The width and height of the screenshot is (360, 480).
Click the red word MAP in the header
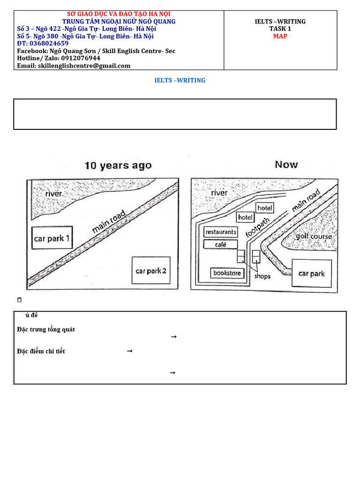(280, 36)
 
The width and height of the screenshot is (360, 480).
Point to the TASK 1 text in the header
(280, 29)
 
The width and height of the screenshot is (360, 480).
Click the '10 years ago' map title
(118, 165)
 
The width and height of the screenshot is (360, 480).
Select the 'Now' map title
(286, 165)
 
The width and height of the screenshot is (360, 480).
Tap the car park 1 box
(52, 239)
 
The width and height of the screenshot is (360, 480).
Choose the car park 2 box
(151, 271)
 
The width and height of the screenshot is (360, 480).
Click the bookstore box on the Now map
(227, 273)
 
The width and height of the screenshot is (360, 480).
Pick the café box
(221, 245)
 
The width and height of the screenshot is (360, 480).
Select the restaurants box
(221, 232)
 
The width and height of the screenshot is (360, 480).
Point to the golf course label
(314, 237)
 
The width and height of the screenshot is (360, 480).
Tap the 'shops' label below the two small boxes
(262, 276)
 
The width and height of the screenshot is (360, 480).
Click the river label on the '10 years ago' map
(53, 194)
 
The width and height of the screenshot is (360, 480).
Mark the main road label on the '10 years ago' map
(109, 221)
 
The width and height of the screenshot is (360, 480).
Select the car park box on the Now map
(311, 274)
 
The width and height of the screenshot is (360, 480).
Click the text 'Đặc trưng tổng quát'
(45, 330)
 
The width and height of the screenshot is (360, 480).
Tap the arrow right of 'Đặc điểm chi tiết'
(130, 351)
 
